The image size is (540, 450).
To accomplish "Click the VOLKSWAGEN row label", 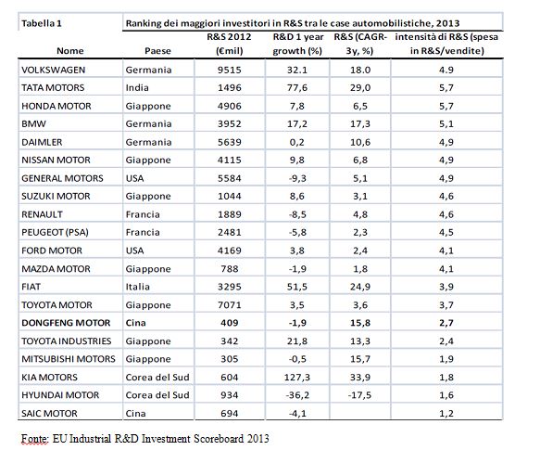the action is point(53,70).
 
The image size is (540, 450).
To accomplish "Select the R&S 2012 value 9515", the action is point(230,70).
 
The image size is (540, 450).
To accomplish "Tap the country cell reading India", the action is point(137,87).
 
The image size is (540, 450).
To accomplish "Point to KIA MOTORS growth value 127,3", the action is point(297,378).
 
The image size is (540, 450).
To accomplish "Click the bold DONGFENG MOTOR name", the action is point(66,323).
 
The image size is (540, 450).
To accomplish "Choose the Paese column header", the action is point(157,51).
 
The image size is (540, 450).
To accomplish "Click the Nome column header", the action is point(70,51).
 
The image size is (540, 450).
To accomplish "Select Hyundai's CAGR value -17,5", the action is point(360,395).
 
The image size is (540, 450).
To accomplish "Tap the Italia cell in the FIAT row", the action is point(137,287).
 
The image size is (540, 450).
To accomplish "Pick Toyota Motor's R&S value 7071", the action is point(230,305).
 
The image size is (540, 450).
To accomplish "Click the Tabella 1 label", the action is point(42,23).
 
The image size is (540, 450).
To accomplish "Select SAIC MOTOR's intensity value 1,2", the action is point(446,414).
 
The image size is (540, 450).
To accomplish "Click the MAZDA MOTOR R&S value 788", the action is point(230,269).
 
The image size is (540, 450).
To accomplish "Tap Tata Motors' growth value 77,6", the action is point(297,87).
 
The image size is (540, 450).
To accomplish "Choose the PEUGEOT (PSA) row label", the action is point(55,233).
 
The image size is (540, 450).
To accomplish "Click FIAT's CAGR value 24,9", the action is point(360,287).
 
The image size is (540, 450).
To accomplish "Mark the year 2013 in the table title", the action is point(447,23).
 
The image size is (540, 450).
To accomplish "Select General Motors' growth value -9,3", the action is point(297,178).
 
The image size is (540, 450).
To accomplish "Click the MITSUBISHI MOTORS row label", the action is point(69,359).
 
